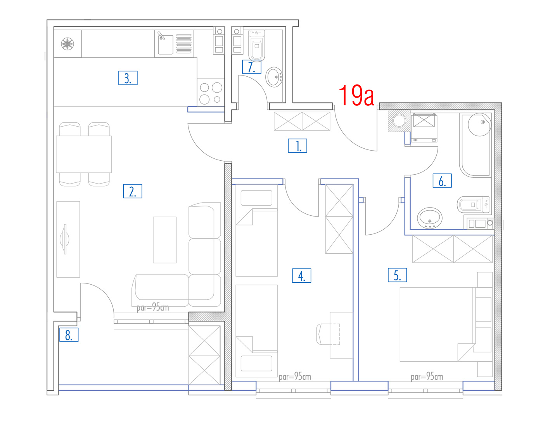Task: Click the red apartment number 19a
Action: pos(356,95)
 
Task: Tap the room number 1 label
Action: pos(297,146)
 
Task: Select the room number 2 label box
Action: pos(132,191)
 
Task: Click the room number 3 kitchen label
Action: pos(128,78)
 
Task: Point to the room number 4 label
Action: pos(301,275)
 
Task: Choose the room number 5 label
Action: pos(397,275)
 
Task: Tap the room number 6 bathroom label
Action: pos(442,180)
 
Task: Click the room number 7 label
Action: pos(252,67)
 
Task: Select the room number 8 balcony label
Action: pos(69,335)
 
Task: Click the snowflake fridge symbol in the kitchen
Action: pos(67,44)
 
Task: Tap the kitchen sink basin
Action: pos(166,45)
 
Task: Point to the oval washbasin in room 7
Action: pos(274,77)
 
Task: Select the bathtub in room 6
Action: pos(475,145)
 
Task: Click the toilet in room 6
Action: pos(473,204)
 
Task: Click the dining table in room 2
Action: pos(84,154)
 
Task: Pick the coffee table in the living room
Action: pos(165,240)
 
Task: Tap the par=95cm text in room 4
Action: pos(295,376)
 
